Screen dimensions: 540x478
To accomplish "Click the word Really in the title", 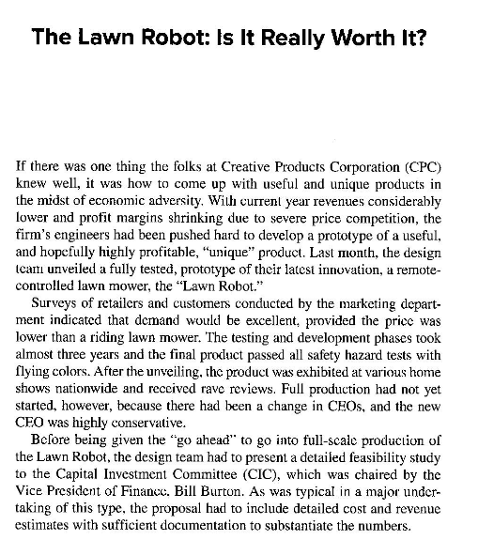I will pos(283,42).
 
